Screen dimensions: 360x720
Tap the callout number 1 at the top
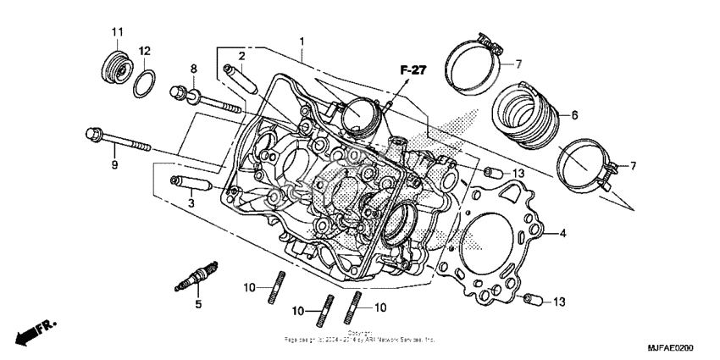[x=301, y=42]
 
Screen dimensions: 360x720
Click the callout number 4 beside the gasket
[x=562, y=232]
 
